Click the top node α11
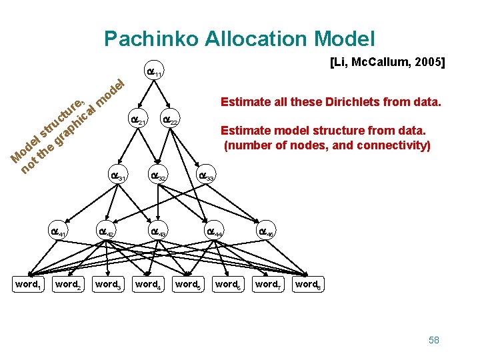(x=154, y=70)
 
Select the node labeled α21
(x=138, y=118)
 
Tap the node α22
(x=170, y=118)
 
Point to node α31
(x=118, y=174)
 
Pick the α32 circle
(x=158, y=174)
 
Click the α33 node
(x=206, y=174)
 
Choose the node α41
(x=58, y=230)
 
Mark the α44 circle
(x=214, y=230)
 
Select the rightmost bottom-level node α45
(x=266, y=230)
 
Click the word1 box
(x=28, y=285)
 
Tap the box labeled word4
(x=148, y=285)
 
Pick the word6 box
(x=228, y=285)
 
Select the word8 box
(x=308, y=285)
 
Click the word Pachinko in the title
(x=151, y=39)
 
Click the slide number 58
(x=434, y=340)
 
